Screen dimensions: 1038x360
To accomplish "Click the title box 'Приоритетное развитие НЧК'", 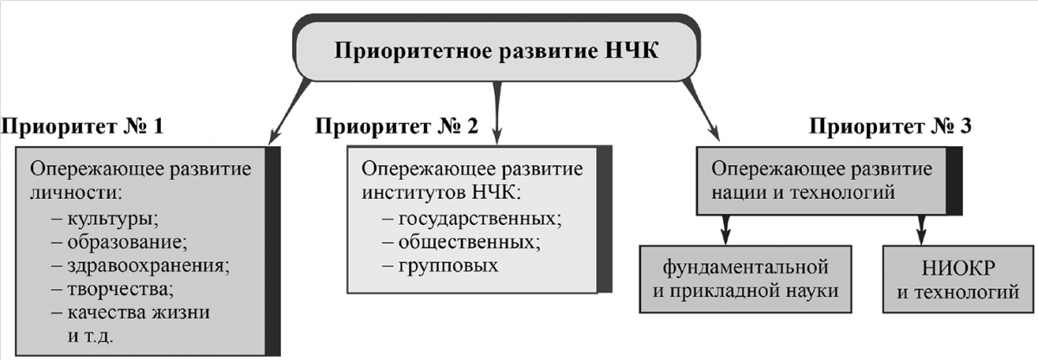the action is pyautogui.click(x=497, y=48).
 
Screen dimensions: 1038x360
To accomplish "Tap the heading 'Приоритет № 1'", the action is pyautogui.click(x=82, y=126).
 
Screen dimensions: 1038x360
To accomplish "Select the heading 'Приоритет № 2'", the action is pyautogui.click(x=396, y=126).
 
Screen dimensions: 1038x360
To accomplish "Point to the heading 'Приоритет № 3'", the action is pyautogui.click(x=890, y=126).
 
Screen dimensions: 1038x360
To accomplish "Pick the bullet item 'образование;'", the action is pyautogui.click(x=119, y=241).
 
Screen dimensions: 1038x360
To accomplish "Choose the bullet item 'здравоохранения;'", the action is pyautogui.click(x=141, y=266).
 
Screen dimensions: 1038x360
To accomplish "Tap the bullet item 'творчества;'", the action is pyautogui.click(x=112, y=290).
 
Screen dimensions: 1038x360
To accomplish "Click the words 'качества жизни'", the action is pyautogui.click(x=138, y=312).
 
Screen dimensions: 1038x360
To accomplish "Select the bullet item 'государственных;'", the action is pyautogui.click(x=471, y=219).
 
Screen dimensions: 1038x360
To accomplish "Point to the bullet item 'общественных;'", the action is pyautogui.click(x=461, y=241).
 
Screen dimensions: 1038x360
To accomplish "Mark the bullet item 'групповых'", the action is pyautogui.click(x=440, y=266).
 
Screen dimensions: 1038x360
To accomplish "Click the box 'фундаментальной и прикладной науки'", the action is pyautogui.click(x=746, y=280).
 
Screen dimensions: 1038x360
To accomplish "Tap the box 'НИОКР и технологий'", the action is pyautogui.click(x=958, y=280).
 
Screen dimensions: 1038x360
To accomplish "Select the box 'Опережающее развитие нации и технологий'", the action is pyautogui.click(x=830, y=181).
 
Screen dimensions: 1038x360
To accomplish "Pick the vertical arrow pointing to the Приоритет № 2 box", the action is pyautogui.click(x=497, y=112).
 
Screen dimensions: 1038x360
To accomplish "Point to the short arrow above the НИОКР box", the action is pyautogui.click(x=922, y=229).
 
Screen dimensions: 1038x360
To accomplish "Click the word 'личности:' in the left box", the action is pyautogui.click(x=76, y=193).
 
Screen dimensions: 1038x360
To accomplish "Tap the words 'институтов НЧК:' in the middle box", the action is pyautogui.click(x=441, y=193).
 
